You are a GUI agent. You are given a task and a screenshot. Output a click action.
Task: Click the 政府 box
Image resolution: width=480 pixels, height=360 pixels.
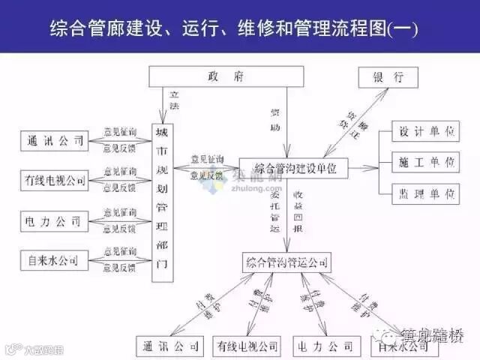click(226, 76)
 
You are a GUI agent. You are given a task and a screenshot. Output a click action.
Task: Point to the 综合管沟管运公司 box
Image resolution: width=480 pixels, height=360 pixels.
click(286, 262)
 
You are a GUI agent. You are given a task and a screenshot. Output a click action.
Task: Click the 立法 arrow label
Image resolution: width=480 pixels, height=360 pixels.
click(174, 101)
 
